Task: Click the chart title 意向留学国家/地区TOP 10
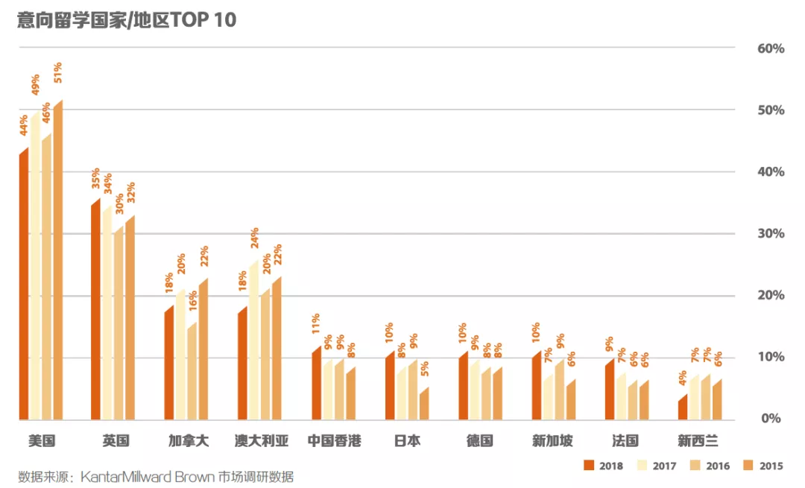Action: click(127, 19)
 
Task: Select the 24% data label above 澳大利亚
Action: click(255, 238)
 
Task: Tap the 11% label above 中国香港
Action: click(316, 323)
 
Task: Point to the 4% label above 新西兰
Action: click(683, 378)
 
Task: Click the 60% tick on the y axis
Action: click(771, 49)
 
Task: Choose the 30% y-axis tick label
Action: click(771, 234)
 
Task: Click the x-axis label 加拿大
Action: click(188, 441)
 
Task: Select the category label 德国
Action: click(479, 441)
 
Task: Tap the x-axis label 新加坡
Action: click(552, 441)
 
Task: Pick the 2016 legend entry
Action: click(710, 466)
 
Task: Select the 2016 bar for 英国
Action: click(119, 324)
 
